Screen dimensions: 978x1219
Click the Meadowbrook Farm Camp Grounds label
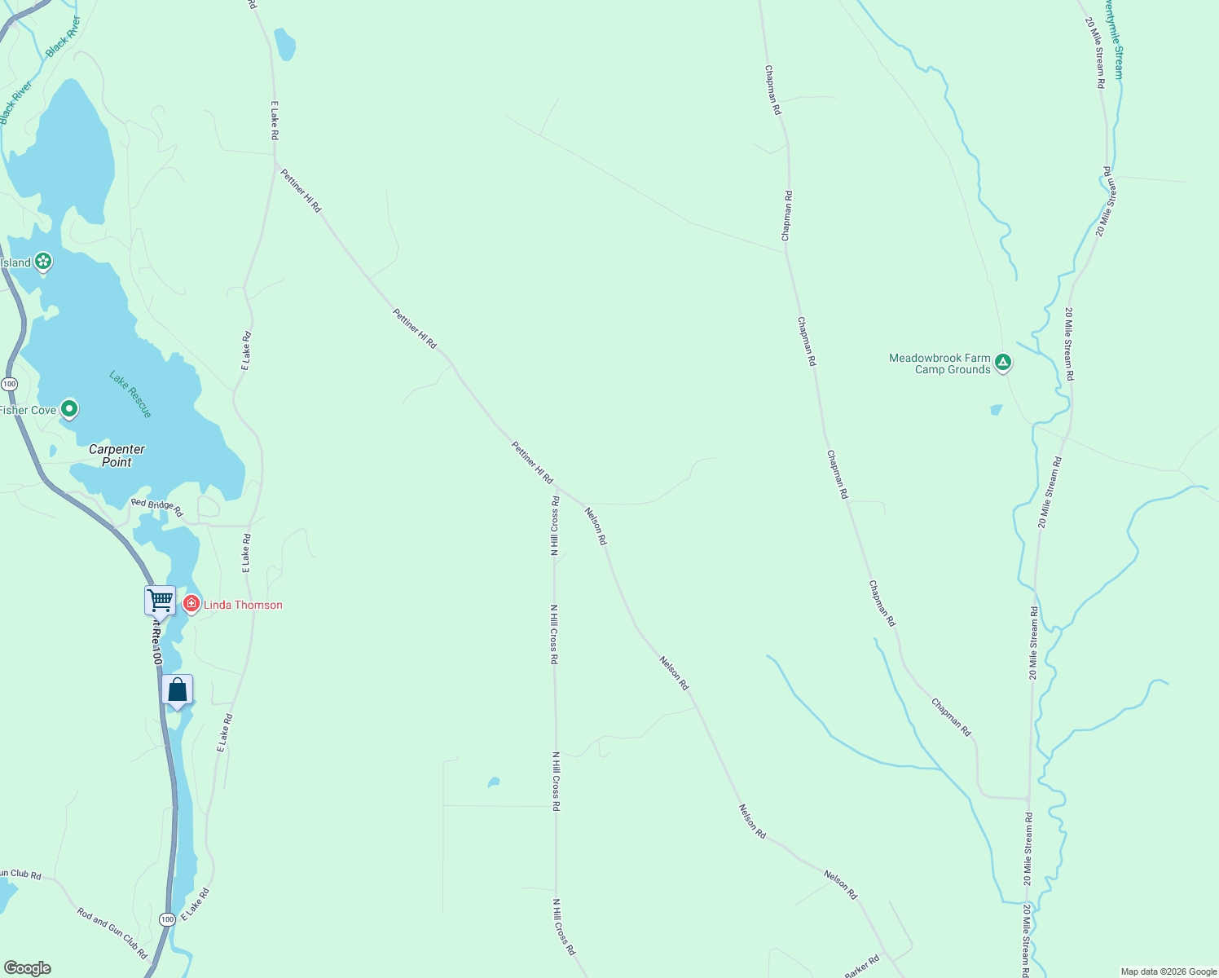(x=940, y=363)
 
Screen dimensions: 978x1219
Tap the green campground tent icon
(x=1003, y=362)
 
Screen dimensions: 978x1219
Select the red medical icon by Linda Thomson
(x=191, y=604)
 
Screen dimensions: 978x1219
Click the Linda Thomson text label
(x=243, y=605)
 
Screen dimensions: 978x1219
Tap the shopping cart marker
(x=161, y=601)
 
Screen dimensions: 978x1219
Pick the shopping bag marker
(x=177, y=690)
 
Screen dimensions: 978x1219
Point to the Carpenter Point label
(x=117, y=456)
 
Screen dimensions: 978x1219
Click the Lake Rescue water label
(x=130, y=394)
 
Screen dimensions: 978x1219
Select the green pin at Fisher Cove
(x=69, y=408)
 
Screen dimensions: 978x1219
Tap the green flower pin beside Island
(x=43, y=262)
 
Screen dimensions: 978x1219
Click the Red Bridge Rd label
(x=157, y=505)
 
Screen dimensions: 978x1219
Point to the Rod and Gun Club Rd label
(x=112, y=932)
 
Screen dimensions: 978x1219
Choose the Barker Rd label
(x=862, y=967)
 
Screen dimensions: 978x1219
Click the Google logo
(x=26, y=968)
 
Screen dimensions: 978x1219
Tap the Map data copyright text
(x=1168, y=971)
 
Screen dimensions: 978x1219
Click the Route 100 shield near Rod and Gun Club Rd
(x=167, y=919)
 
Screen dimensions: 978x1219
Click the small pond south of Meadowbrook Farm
(x=996, y=410)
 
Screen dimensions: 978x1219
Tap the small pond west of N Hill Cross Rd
(x=493, y=782)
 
